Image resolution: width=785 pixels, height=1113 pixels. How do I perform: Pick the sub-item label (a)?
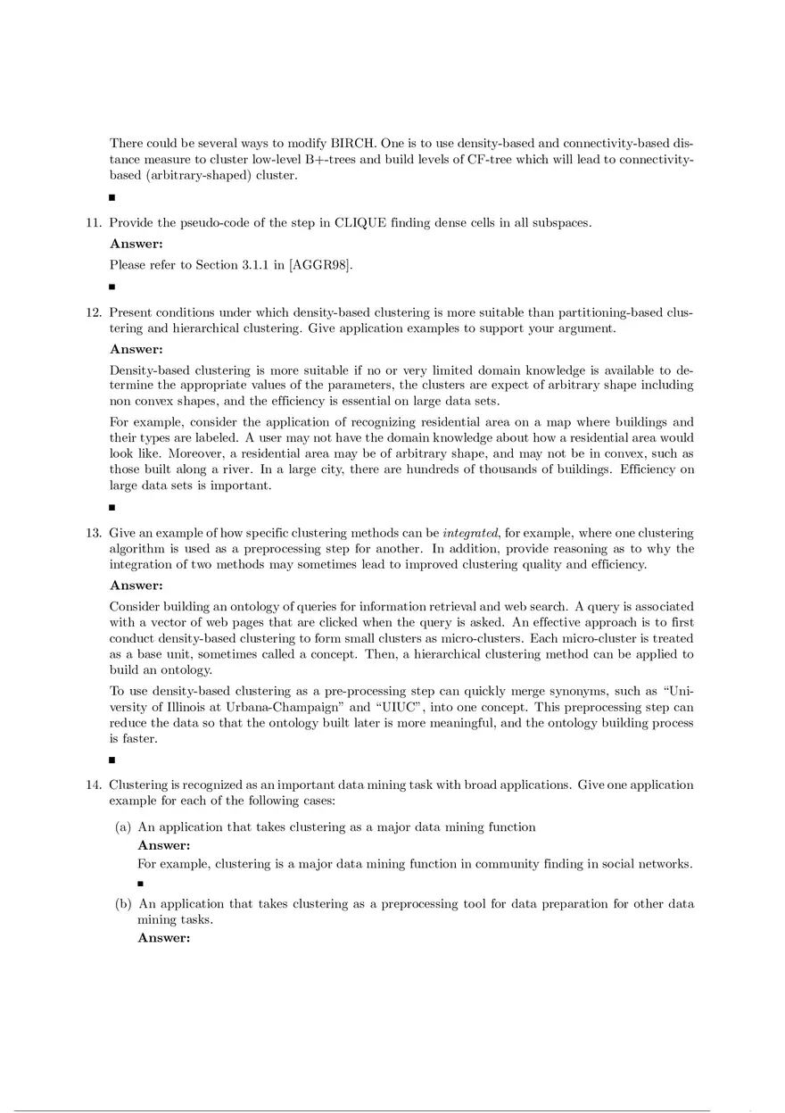pos(123,826)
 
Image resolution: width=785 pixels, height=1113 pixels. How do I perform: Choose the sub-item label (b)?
pos(123,903)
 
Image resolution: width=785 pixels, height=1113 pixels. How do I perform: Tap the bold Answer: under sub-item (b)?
pos(164,937)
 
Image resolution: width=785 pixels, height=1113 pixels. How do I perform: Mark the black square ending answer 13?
pos(112,760)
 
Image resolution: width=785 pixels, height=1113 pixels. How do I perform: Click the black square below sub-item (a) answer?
pos(141,885)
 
